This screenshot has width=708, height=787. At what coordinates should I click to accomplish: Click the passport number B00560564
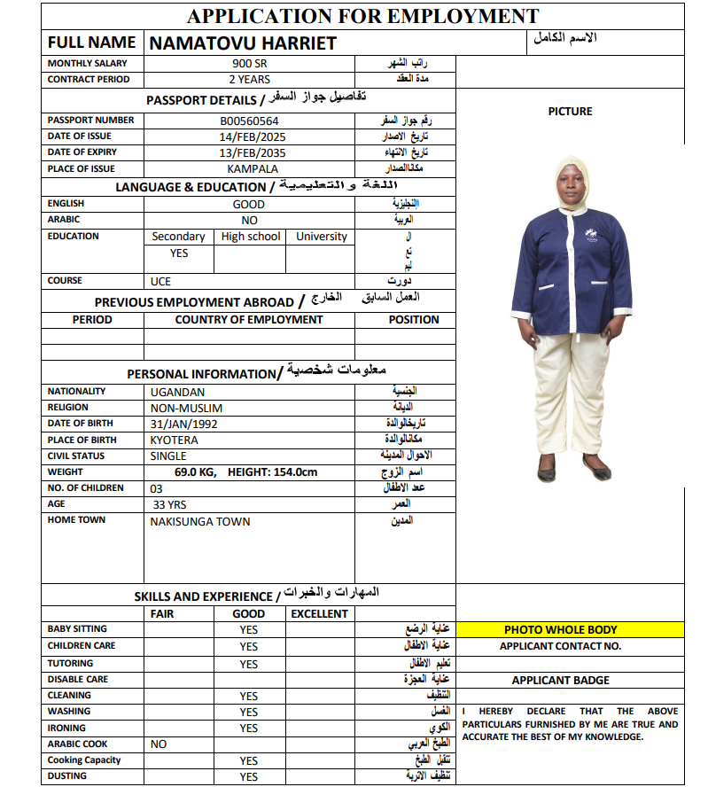pyautogui.click(x=249, y=121)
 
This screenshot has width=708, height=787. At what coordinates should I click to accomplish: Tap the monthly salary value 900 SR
pyautogui.click(x=249, y=64)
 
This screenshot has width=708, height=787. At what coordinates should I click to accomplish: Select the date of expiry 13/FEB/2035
pyautogui.click(x=253, y=153)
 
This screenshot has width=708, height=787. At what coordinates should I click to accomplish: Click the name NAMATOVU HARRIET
pyautogui.click(x=243, y=43)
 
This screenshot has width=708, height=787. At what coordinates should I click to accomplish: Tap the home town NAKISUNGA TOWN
pyautogui.click(x=200, y=521)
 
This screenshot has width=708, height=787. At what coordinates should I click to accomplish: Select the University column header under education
pyautogui.click(x=322, y=237)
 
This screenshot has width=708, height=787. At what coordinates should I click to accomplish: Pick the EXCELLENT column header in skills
pyautogui.click(x=319, y=613)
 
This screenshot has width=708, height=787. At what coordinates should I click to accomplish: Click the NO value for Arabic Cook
pyautogui.click(x=159, y=744)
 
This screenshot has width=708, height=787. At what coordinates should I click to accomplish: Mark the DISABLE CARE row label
pyautogui.click(x=78, y=680)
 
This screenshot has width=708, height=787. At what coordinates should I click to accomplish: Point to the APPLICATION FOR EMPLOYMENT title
pyautogui.click(x=362, y=16)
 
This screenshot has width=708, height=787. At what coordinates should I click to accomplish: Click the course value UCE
pyautogui.click(x=160, y=281)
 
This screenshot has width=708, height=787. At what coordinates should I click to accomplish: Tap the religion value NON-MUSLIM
pyautogui.click(x=186, y=408)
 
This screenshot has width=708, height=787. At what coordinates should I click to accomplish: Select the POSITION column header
pyautogui.click(x=413, y=320)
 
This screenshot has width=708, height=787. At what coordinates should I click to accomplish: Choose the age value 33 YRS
pyautogui.click(x=168, y=504)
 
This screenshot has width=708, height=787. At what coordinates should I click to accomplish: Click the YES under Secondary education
pyautogui.click(x=179, y=253)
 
